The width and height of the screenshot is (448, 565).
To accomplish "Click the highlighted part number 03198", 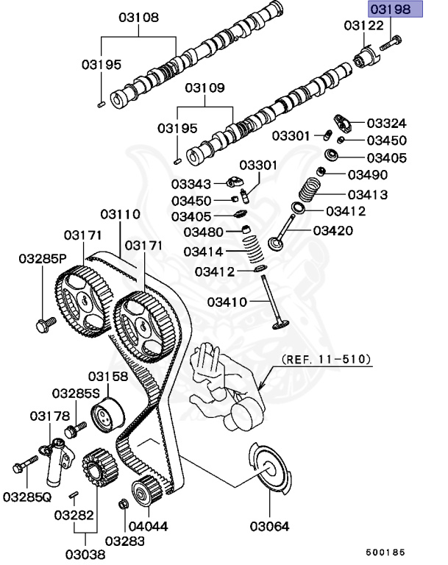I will (395, 10).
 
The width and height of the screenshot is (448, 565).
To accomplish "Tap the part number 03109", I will (205, 88).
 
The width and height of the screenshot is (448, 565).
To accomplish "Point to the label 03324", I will (386, 123).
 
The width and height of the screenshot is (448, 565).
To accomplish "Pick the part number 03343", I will (191, 183).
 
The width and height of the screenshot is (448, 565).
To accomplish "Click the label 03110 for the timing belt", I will (120, 214).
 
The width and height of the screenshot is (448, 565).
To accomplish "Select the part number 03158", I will (108, 376).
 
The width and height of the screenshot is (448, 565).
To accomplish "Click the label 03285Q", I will (26, 497).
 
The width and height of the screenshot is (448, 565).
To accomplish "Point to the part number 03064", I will (269, 526).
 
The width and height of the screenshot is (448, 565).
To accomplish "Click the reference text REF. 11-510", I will (327, 360).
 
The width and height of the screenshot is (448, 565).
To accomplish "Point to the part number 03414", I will (204, 251).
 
